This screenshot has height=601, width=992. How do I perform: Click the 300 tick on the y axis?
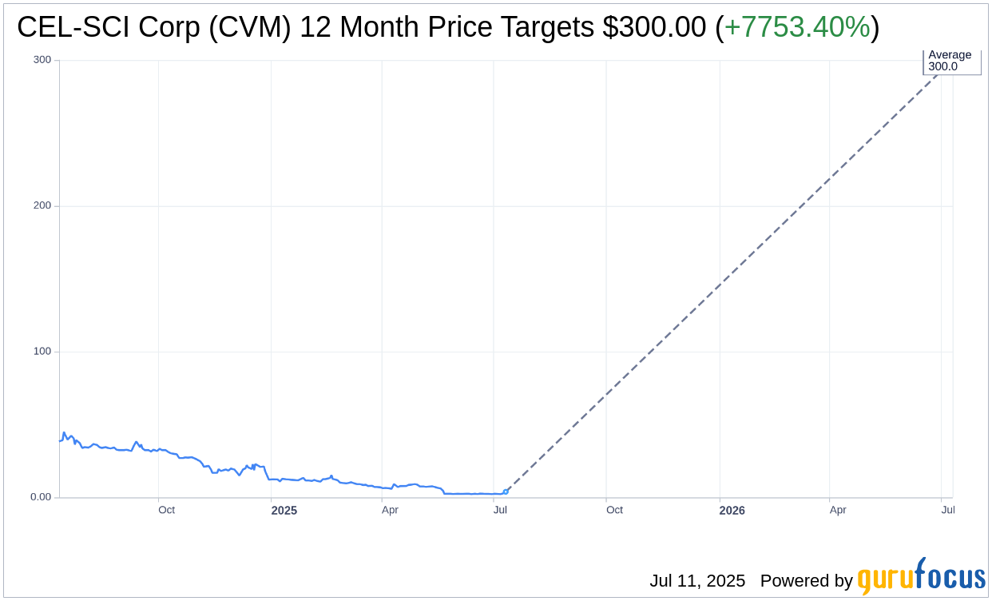coord(42,60)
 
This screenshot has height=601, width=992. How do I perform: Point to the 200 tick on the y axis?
coord(42,205)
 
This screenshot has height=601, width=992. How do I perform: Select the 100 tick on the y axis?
coord(42,352)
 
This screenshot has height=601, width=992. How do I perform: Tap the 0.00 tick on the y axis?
coord(40,497)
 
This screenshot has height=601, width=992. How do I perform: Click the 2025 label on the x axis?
coord(284,510)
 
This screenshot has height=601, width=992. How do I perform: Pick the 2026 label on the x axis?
coord(732,510)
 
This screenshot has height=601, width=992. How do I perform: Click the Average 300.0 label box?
coord(950,61)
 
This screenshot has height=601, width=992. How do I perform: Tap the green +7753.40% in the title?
coord(796,27)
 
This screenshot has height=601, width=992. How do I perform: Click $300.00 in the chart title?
coord(654,27)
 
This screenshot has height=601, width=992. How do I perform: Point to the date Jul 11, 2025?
coord(697,581)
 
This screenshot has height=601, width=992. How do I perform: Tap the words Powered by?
coord(806,581)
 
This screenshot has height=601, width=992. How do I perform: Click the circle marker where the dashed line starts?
coord(506,492)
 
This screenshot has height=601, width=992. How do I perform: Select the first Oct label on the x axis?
coord(166,510)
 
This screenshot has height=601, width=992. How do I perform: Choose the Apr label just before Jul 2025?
coord(390,510)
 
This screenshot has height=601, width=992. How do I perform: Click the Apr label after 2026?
coord(837,510)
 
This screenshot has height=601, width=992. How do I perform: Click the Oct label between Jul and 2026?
coord(614,510)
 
